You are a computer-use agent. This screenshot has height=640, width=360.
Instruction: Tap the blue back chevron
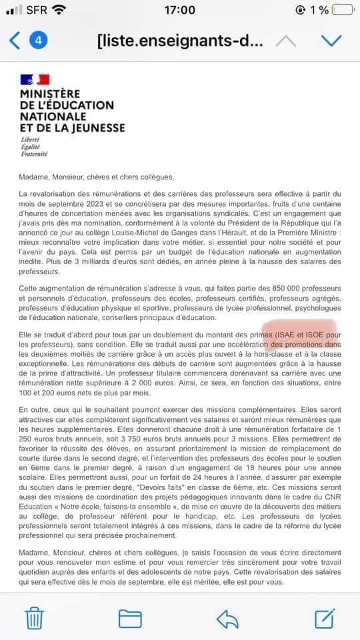click(x=15, y=40)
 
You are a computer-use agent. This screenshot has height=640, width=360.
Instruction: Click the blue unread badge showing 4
click(x=38, y=40)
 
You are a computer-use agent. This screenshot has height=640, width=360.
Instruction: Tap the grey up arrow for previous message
click(x=285, y=41)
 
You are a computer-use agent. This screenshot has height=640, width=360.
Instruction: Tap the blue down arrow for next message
click(x=331, y=41)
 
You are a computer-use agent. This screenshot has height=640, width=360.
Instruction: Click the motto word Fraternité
click(x=35, y=154)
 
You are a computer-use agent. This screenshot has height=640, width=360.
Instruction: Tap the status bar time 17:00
click(x=179, y=10)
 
